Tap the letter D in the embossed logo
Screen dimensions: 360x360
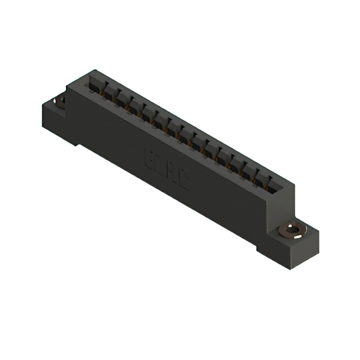point(160,162)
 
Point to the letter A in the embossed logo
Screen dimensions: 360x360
point(172,168)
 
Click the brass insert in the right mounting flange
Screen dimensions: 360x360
point(291,230)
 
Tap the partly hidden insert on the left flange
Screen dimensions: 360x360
point(59,101)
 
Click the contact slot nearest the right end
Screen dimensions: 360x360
point(275,181)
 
